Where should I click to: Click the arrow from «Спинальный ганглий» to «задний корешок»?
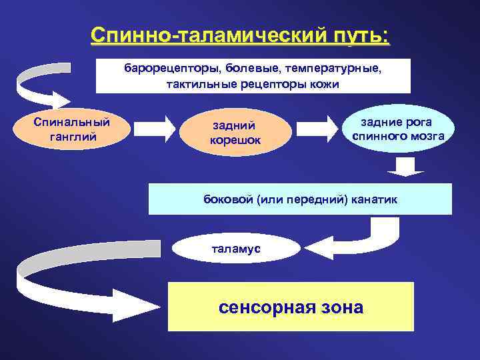point(153,129)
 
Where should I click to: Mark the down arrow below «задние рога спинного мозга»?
point(405,167)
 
